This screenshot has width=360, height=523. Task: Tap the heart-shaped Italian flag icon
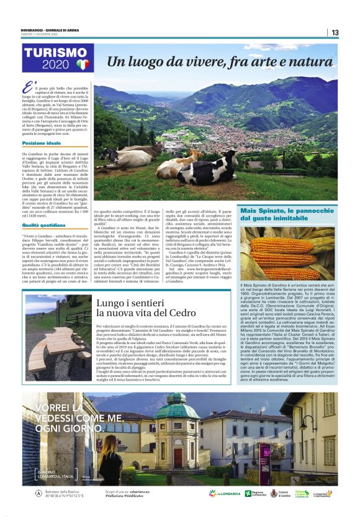pyautogui.click(x=83, y=64)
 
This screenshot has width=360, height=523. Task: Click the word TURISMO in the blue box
pyautogui.click(x=56, y=54)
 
